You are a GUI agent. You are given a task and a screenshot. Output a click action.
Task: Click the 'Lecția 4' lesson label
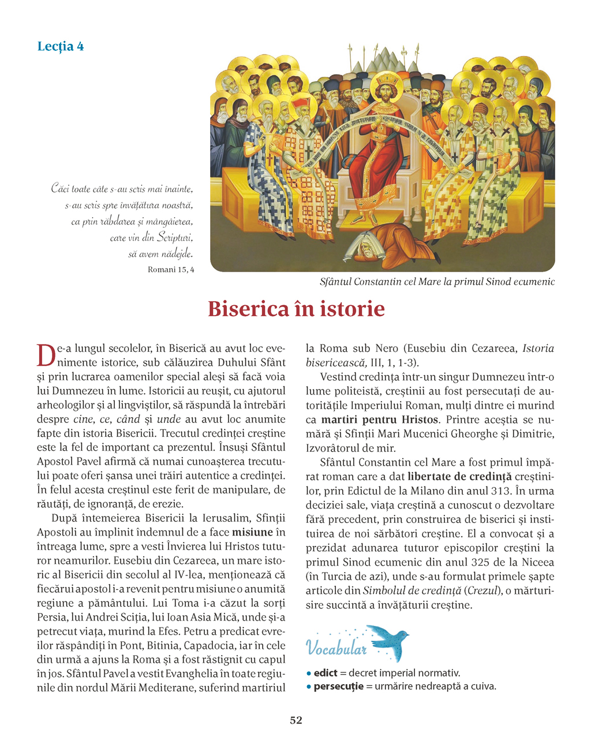[x=61, y=46]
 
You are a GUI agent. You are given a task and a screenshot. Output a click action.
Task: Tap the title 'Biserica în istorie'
[x=296, y=309]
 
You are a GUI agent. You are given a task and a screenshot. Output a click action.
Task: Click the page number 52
[x=295, y=720]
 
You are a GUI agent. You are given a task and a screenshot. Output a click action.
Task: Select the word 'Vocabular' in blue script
[x=336, y=648]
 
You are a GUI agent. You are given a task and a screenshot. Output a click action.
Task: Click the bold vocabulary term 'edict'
[x=326, y=673]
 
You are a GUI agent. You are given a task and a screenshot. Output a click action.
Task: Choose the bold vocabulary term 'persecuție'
[x=338, y=686]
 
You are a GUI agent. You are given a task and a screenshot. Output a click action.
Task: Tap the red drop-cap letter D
[x=45, y=355]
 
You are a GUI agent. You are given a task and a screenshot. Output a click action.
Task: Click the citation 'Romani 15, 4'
[x=171, y=269]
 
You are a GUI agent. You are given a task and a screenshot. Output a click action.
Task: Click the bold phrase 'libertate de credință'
[x=459, y=477]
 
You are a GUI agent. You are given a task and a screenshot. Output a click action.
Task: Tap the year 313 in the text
[x=502, y=491]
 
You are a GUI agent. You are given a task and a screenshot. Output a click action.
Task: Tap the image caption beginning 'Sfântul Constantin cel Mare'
[x=437, y=282]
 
